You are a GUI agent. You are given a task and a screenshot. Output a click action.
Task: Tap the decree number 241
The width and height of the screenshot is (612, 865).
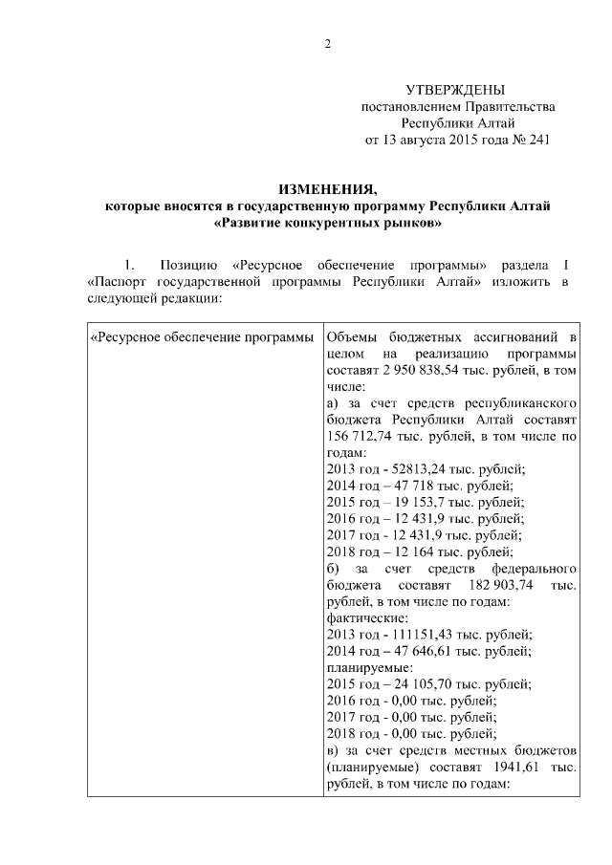click(537, 141)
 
